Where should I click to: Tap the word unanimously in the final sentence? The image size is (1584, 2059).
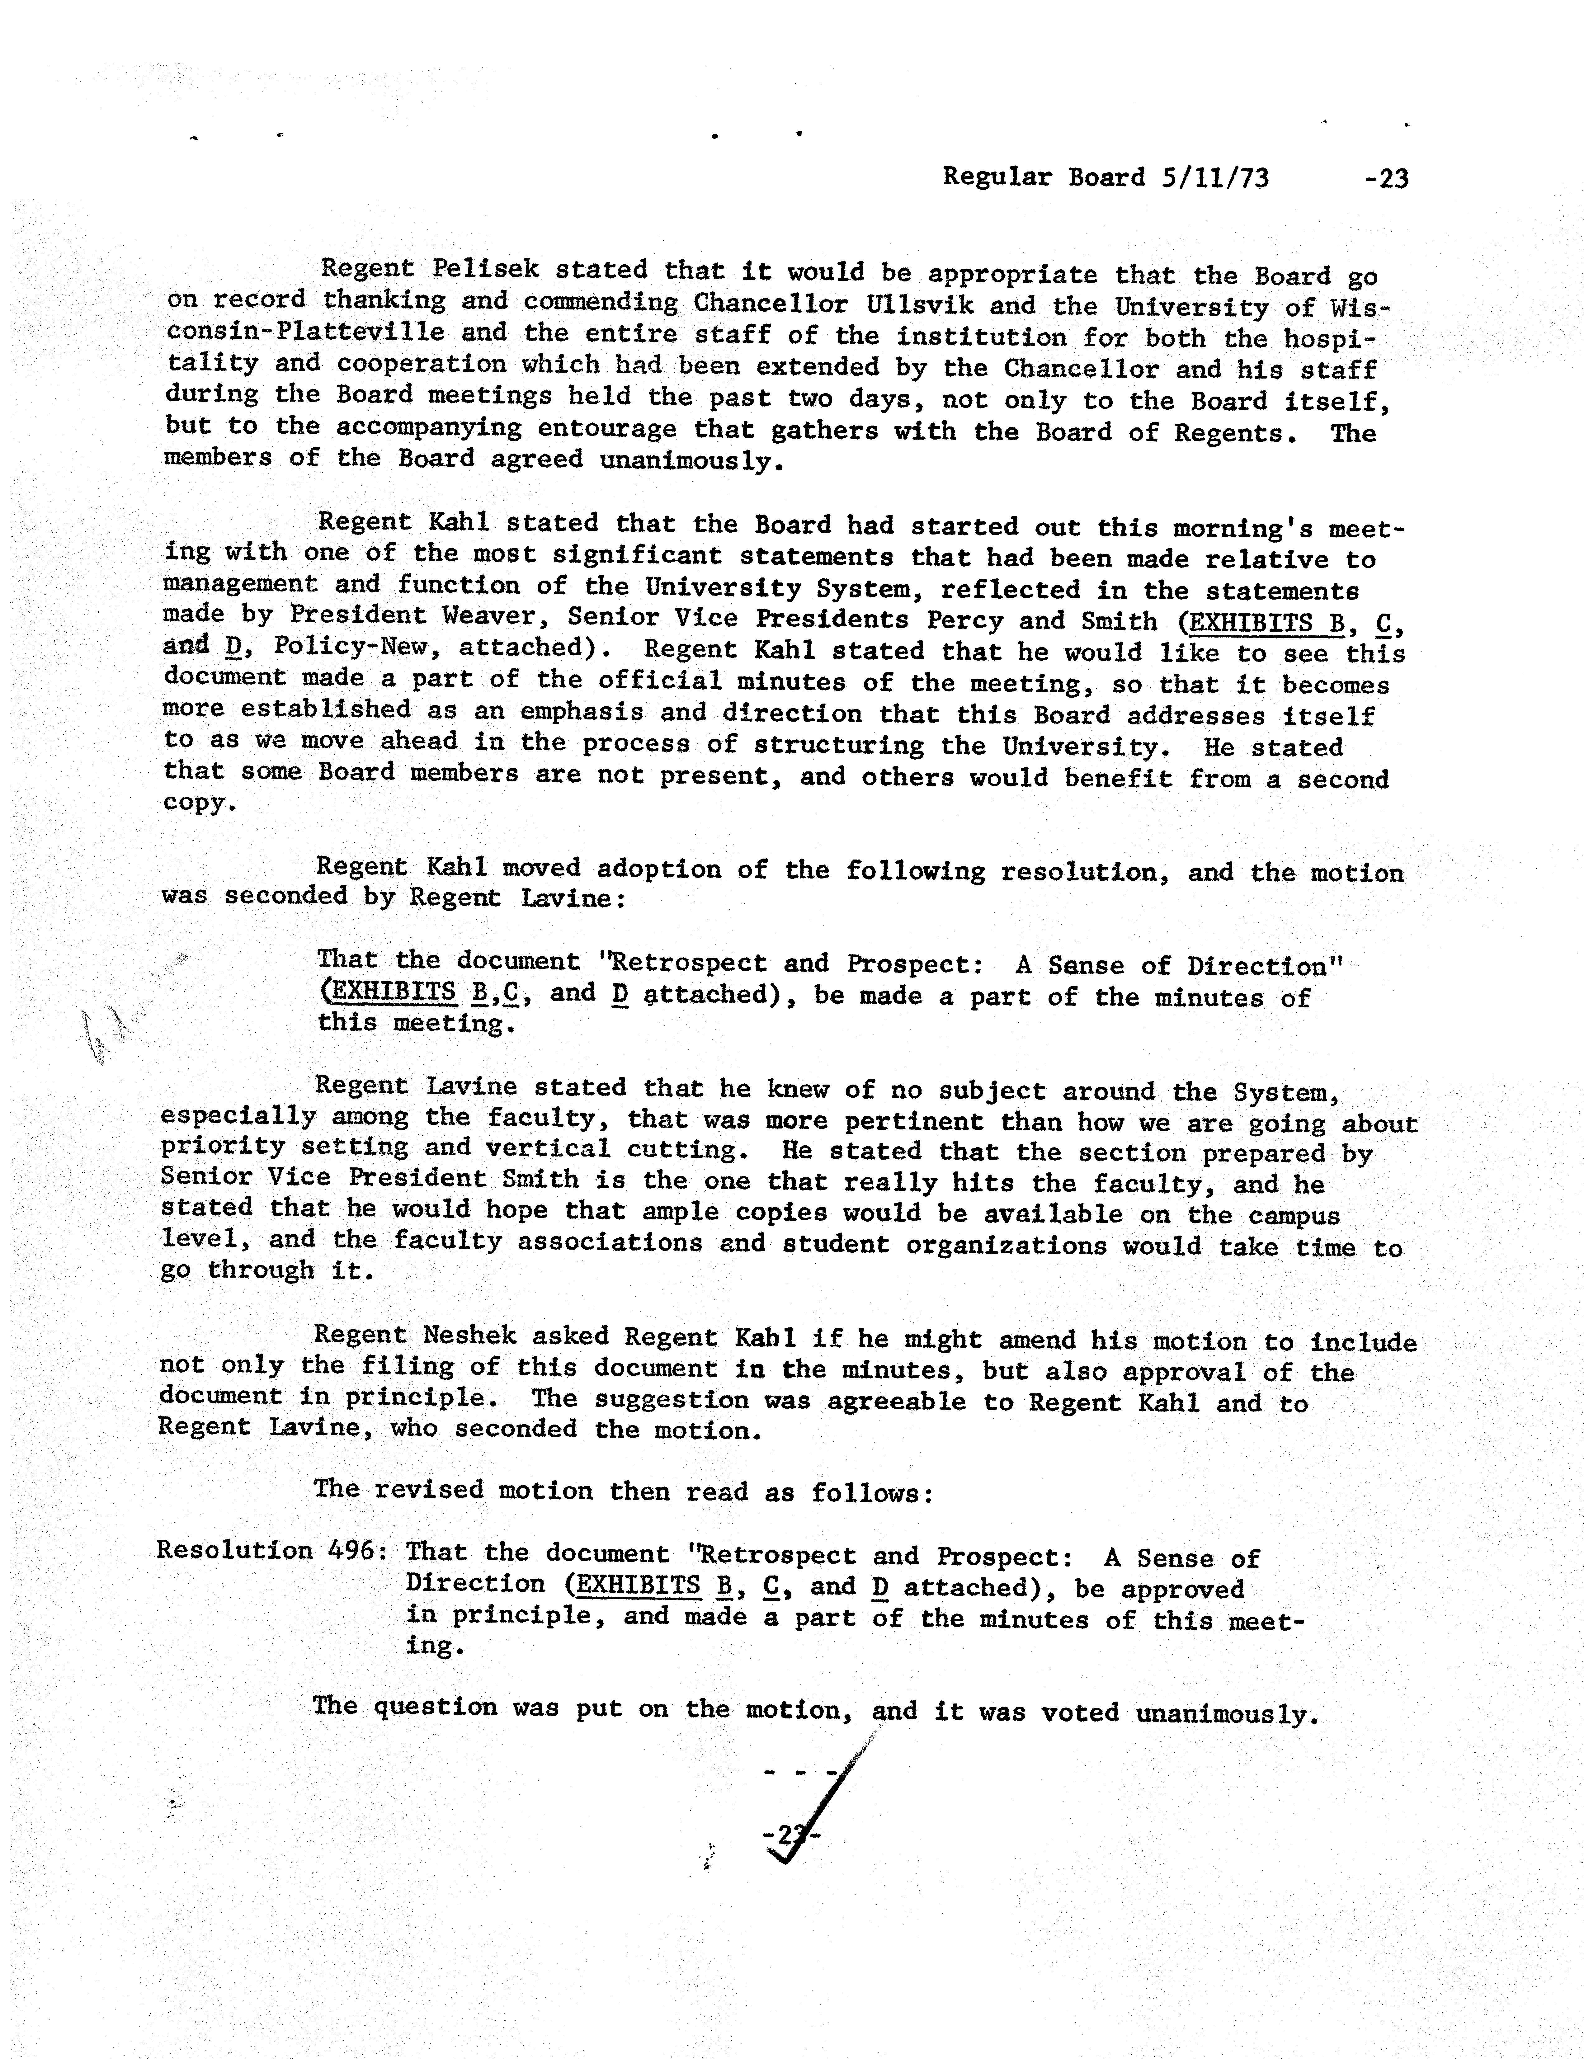tap(1224, 1713)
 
